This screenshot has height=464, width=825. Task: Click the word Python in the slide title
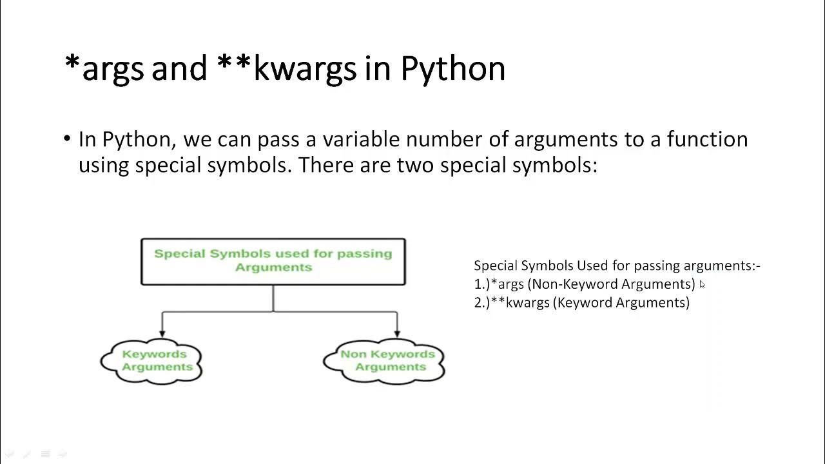(x=452, y=69)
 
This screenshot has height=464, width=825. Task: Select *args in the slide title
(x=104, y=69)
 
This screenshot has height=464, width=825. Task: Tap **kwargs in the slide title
(x=287, y=69)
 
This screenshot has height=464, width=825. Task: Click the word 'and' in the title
(x=179, y=69)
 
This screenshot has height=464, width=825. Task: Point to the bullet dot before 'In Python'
(x=68, y=139)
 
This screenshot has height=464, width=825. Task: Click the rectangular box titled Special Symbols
(x=273, y=261)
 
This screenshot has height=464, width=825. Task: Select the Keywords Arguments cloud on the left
(x=152, y=361)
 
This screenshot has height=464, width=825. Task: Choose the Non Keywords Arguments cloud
(x=385, y=361)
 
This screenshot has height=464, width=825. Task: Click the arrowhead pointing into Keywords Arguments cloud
(x=162, y=333)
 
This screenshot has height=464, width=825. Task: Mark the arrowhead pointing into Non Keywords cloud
(x=397, y=333)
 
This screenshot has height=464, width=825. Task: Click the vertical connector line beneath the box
(x=273, y=298)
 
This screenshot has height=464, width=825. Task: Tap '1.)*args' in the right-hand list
(x=499, y=284)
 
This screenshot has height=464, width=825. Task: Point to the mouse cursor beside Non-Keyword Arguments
(x=702, y=285)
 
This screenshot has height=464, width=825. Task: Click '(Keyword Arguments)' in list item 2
(x=621, y=303)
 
